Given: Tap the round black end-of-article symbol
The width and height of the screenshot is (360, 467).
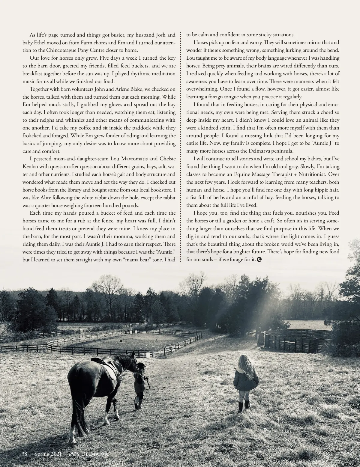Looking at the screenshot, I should tap(259, 260).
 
